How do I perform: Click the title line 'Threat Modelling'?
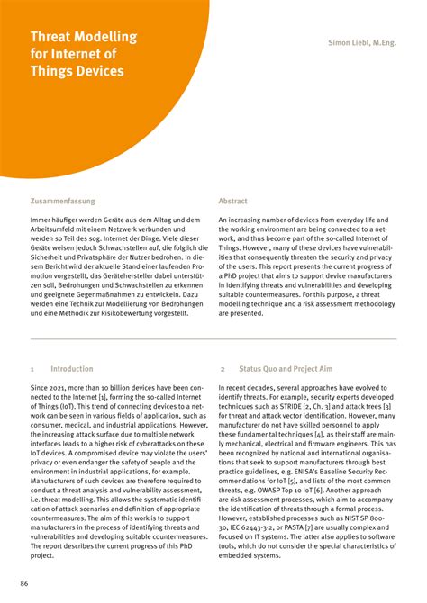coord(84,37)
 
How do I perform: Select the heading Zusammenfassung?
coord(62,202)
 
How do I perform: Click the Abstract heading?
coord(232,202)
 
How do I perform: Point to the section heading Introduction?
coord(71,369)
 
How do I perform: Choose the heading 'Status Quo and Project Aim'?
coord(286,369)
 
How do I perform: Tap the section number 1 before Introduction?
coord(32,369)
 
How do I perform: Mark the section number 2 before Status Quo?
coord(222,369)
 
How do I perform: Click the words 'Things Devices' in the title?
coord(77,71)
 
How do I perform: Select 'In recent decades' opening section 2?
coord(251,387)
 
